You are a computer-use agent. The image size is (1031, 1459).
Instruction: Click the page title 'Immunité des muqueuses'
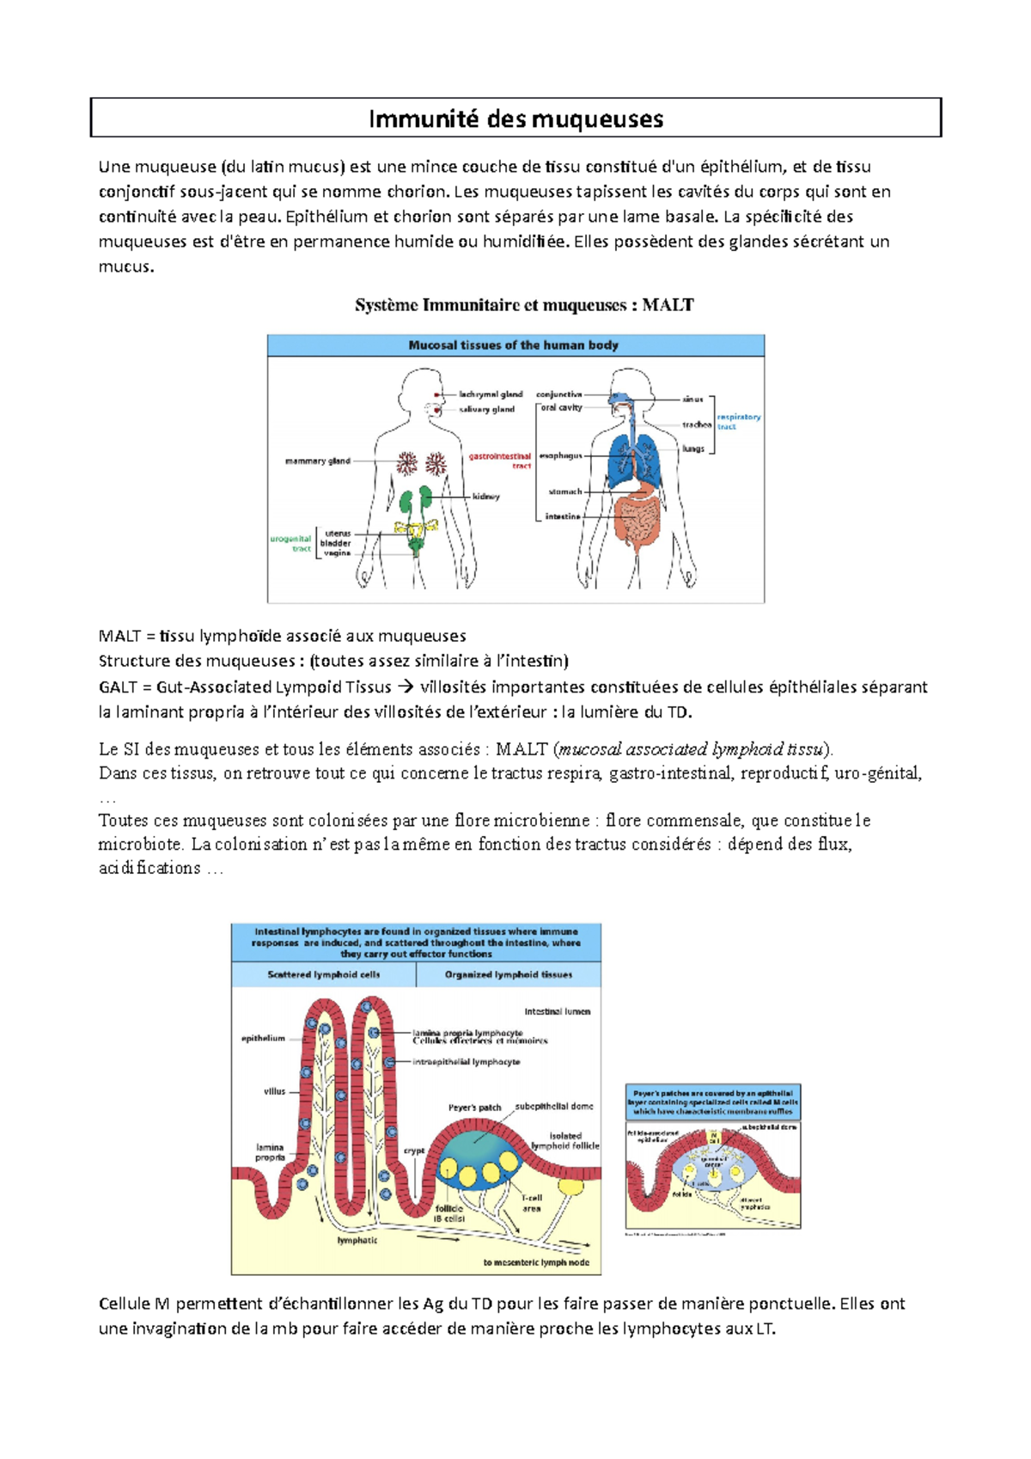515,119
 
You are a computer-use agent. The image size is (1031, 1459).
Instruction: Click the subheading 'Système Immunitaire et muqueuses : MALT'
524,305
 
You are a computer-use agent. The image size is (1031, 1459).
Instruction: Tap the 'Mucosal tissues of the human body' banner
514,345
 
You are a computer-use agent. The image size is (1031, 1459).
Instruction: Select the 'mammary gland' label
317,461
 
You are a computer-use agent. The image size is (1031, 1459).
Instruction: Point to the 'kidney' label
485,497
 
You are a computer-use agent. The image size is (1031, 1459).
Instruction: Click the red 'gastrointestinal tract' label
501,461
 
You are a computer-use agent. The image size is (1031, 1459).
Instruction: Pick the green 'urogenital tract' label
291,544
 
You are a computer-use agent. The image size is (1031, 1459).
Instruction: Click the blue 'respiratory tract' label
738,421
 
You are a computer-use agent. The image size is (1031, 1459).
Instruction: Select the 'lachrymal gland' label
490,394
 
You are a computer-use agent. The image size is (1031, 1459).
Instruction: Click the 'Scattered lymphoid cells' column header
323,974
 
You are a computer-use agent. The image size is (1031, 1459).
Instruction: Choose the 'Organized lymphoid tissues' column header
509,974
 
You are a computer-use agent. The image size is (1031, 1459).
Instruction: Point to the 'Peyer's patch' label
474,1108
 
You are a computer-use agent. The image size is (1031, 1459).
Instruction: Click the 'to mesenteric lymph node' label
536,1262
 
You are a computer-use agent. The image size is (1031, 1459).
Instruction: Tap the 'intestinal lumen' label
558,1011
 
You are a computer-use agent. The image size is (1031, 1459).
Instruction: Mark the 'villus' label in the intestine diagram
274,1091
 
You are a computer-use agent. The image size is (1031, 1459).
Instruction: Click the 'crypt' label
414,1151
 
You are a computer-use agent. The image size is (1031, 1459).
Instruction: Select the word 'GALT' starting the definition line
118,687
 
